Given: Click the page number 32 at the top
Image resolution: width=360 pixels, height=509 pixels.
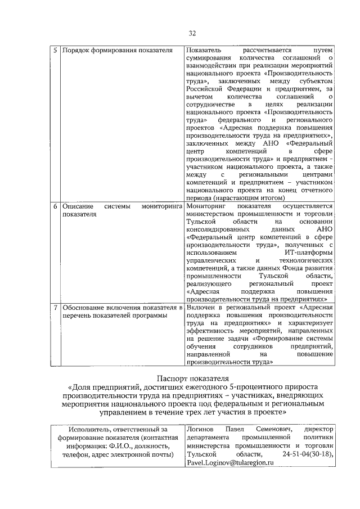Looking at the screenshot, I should pos(192,32).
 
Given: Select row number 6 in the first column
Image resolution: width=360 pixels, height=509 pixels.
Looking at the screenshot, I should pos(55,206).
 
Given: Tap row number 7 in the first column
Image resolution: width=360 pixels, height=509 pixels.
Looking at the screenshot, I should pos(55,308).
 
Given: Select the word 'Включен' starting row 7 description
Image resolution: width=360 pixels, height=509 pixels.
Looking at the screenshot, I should pos(200,308).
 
